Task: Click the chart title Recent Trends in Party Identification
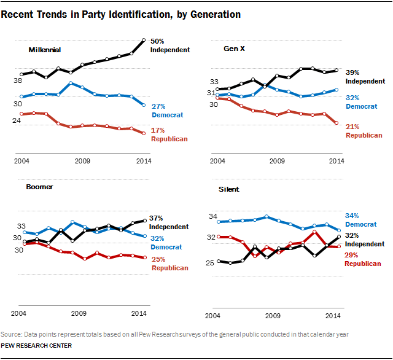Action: tap(120, 13)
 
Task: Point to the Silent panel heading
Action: tap(229, 189)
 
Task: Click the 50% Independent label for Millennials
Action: tap(169, 45)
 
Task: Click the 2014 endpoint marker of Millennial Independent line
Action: tap(143, 40)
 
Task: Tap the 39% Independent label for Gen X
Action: tap(365, 76)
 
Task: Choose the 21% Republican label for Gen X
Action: tap(364, 131)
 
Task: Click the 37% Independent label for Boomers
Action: tap(169, 222)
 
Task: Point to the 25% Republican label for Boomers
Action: tap(169, 264)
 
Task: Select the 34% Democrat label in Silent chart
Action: tap(360, 220)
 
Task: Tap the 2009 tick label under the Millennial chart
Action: tap(82, 161)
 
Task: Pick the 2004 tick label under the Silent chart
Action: tap(212, 316)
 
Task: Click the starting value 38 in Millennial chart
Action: tap(18, 80)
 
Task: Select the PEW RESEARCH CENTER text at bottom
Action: tap(36, 346)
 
